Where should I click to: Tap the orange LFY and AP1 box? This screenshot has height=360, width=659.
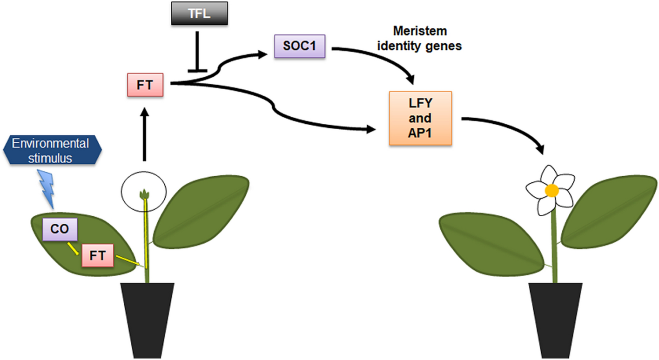pyautogui.click(x=420, y=118)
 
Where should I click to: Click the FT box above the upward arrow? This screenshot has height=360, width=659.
pyautogui.click(x=145, y=84)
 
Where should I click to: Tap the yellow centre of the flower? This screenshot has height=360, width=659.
pyautogui.click(x=551, y=190)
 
